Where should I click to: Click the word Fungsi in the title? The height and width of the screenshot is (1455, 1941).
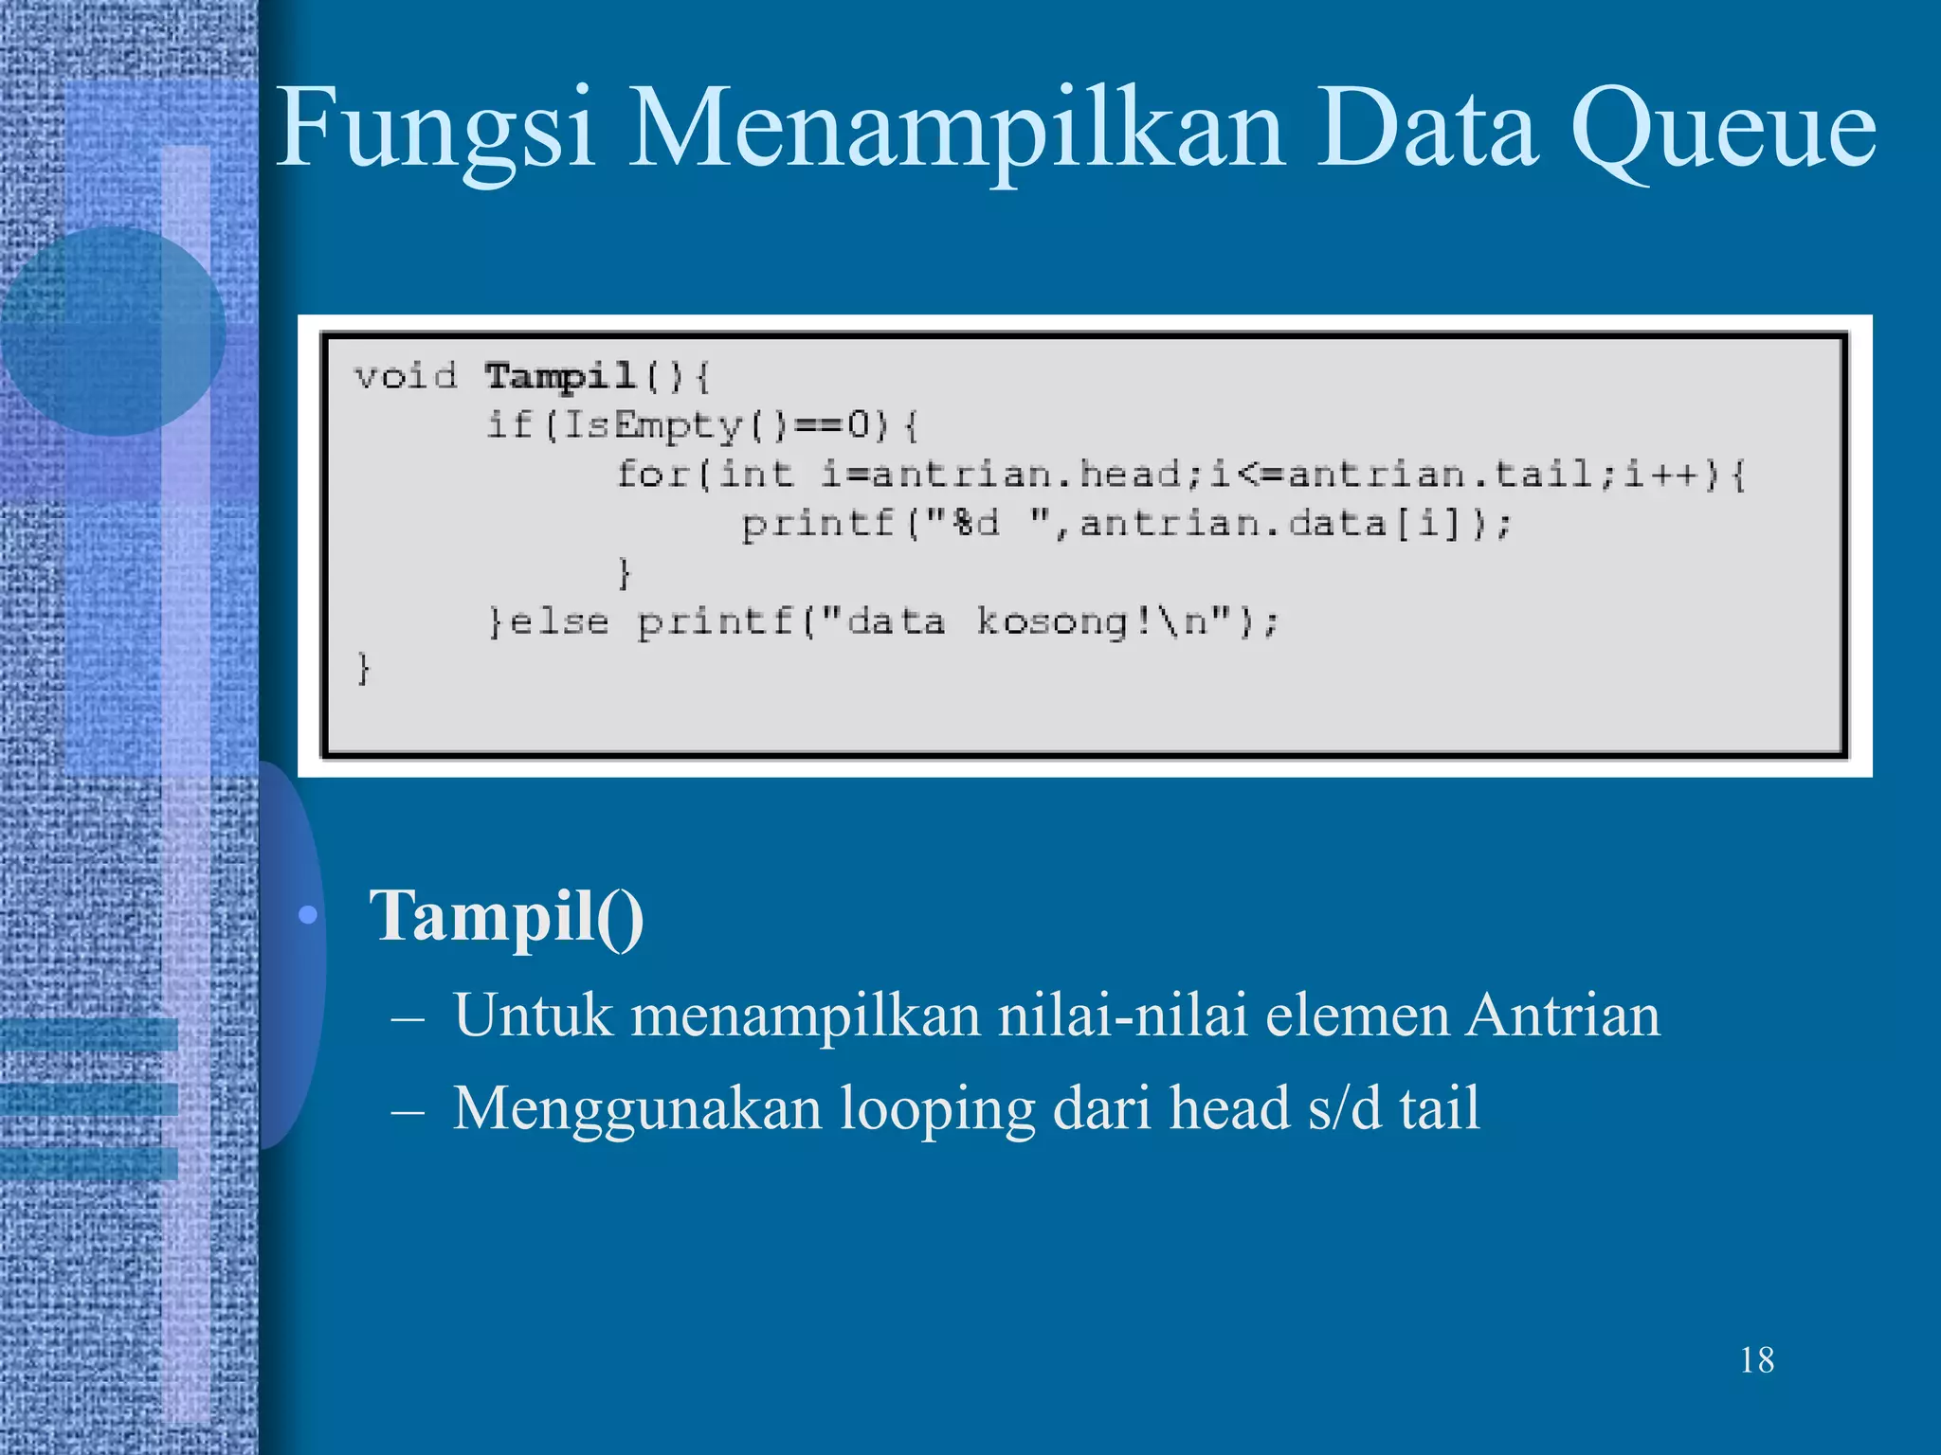click(x=435, y=130)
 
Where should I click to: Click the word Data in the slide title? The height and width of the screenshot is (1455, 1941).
click(x=1426, y=130)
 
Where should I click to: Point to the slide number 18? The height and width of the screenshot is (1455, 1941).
click(x=1756, y=1360)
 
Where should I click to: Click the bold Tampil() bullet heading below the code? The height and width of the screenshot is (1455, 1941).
click(x=506, y=916)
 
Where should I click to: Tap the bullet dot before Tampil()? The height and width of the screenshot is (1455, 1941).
click(x=307, y=916)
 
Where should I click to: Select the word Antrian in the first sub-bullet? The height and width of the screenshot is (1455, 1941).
click(x=1563, y=1015)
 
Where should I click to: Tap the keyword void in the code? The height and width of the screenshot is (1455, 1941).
click(x=406, y=376)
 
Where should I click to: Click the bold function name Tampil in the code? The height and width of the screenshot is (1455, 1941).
click(x=559, y=376)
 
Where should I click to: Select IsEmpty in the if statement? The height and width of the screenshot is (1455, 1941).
click(x=653, y=425)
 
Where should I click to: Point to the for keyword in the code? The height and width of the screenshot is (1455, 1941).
click(x=652, y=474)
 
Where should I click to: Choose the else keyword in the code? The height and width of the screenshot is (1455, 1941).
click(x=558, y=622)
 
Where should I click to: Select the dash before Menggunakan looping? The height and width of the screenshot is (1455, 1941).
click(x=408, y=1109)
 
